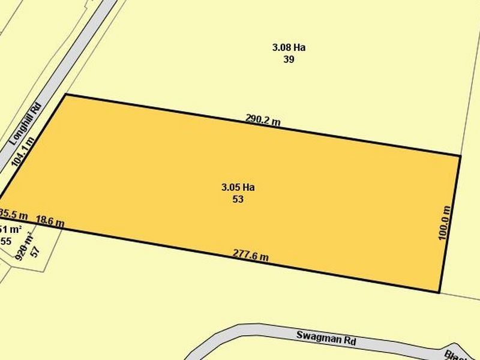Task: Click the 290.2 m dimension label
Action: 263,119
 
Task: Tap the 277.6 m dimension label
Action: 250,256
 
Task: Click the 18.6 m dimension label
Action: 50,221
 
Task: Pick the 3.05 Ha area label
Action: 238,187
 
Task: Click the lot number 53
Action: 238,199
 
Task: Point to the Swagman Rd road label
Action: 326,338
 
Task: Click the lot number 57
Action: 34,251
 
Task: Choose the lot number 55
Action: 6,241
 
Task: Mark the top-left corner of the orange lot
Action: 65,95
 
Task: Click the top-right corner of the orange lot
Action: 460,156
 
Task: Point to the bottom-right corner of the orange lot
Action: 440,293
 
